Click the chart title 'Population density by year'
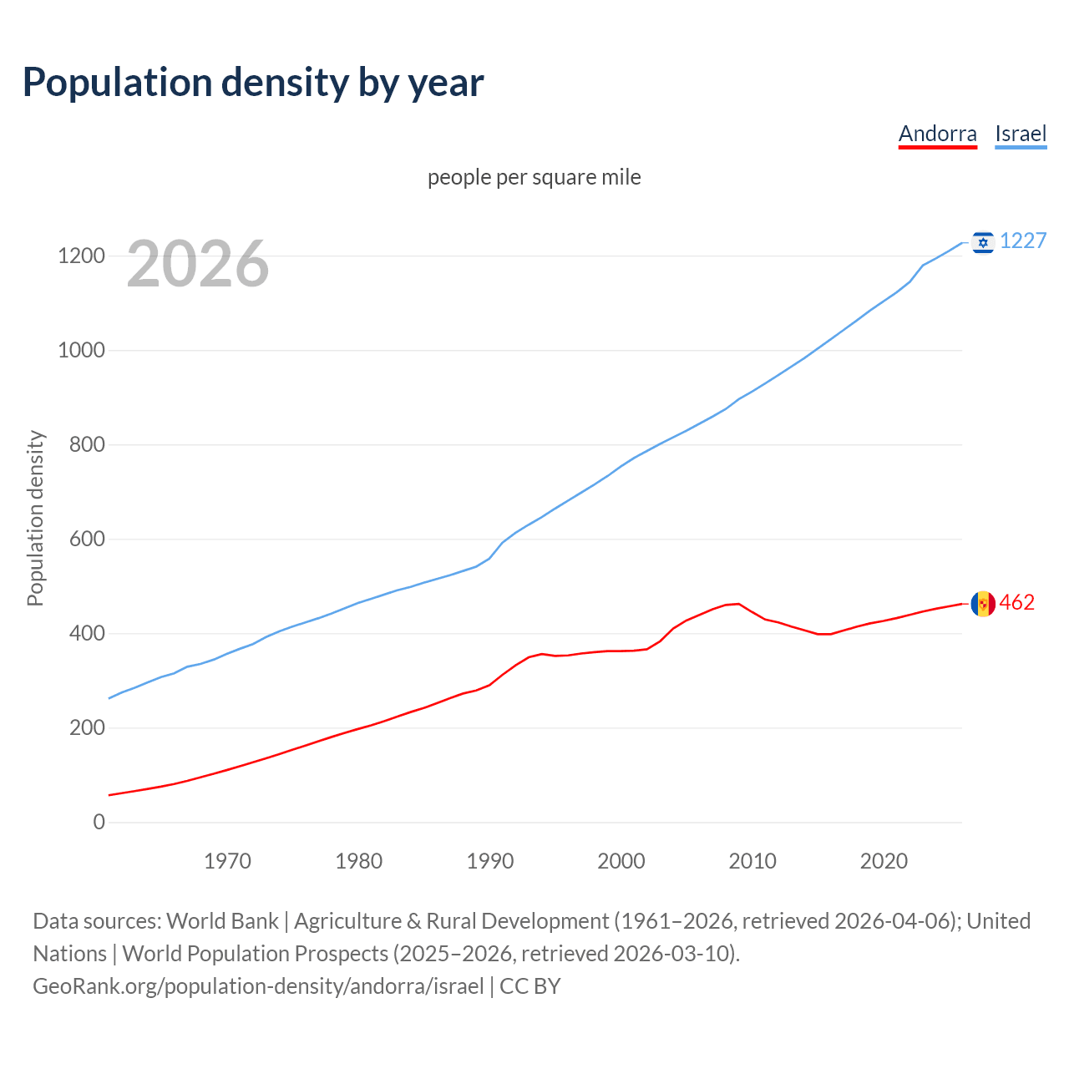pyautogui.click(x=253, y=82)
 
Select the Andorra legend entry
pyautogui.click(x=937, y=134)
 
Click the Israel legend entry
pyautogui.click(x=1021, y=134)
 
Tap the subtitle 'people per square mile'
pyautogui.click(x=534, y=177)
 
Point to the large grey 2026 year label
pyautogui.click(x=198, y=264)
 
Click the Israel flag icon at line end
pyautogui.click(x=983, y=241)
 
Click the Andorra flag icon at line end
pyautogui.click(x=983, y=603)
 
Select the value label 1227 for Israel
pyautogui.click(x=1023, y=241)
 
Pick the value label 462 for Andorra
pyautogui.click(x=1017, y=602)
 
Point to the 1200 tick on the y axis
pyautogui.click(x=81, y=256)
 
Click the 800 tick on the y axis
pyautogui.click(x=87, y=444)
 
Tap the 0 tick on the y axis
pyautogui.click(x=99, y=822)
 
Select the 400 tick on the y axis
pyautogui.click(x=87, y=633)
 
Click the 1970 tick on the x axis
pyautogui.click(x=227, y=860)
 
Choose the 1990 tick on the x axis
pyautogui.click(x=490, y=860)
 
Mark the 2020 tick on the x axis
pyautogui.click(x=884, y=860)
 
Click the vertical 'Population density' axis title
pyautogui.click(x=35, y=518)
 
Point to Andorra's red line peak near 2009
pyautogui.click(x=737, y=603)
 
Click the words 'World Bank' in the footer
pyautogui.click(x=222, y=920)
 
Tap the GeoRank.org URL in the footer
pyautogui.click(x=258, y=985)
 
